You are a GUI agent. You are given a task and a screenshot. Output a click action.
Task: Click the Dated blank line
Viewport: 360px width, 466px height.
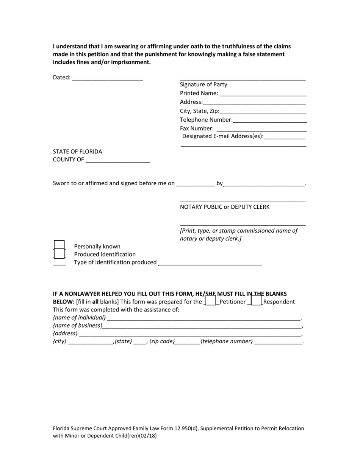pyautogui.click(x=107, y=78)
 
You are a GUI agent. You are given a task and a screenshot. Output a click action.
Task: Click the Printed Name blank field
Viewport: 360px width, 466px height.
pyautogui.click(x=263, y=94)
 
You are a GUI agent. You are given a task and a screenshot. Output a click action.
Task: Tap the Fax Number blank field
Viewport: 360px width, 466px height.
pyautogui.click(x=261, y=129)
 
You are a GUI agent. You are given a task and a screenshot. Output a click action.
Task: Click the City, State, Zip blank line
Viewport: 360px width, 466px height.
pyautogui.click(x=263, y=111)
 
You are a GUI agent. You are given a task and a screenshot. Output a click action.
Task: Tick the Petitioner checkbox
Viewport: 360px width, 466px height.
pyautogui.click(x=210, y=301)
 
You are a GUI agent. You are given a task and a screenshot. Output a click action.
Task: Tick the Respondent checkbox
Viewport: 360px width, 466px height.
pyautogui.click(x=256, y=301)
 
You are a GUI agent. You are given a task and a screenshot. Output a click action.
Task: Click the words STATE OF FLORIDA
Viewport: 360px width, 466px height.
pyautogui.click(x=77, y=152)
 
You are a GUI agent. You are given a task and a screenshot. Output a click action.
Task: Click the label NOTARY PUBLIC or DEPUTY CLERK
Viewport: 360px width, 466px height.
pyautogui.click(x=225, y=207)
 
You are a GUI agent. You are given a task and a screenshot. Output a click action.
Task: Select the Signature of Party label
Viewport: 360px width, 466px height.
pyautogui.click(x=203, y=84)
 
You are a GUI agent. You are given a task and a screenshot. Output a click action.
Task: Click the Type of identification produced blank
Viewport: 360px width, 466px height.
pyautogui.click(x=210, y=263)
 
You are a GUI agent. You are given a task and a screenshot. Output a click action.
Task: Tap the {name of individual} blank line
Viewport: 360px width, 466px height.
pyautogui.click(x=203, y=318)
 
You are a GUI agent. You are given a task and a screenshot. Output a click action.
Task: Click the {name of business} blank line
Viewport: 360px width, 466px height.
pyautogui.click(x=202, y=326)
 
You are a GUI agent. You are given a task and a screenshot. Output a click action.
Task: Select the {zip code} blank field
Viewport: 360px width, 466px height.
pyautogui.click(x=187, y=342)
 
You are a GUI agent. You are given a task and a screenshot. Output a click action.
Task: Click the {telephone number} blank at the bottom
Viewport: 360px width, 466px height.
pyautogui.click(x=278, y=342)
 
